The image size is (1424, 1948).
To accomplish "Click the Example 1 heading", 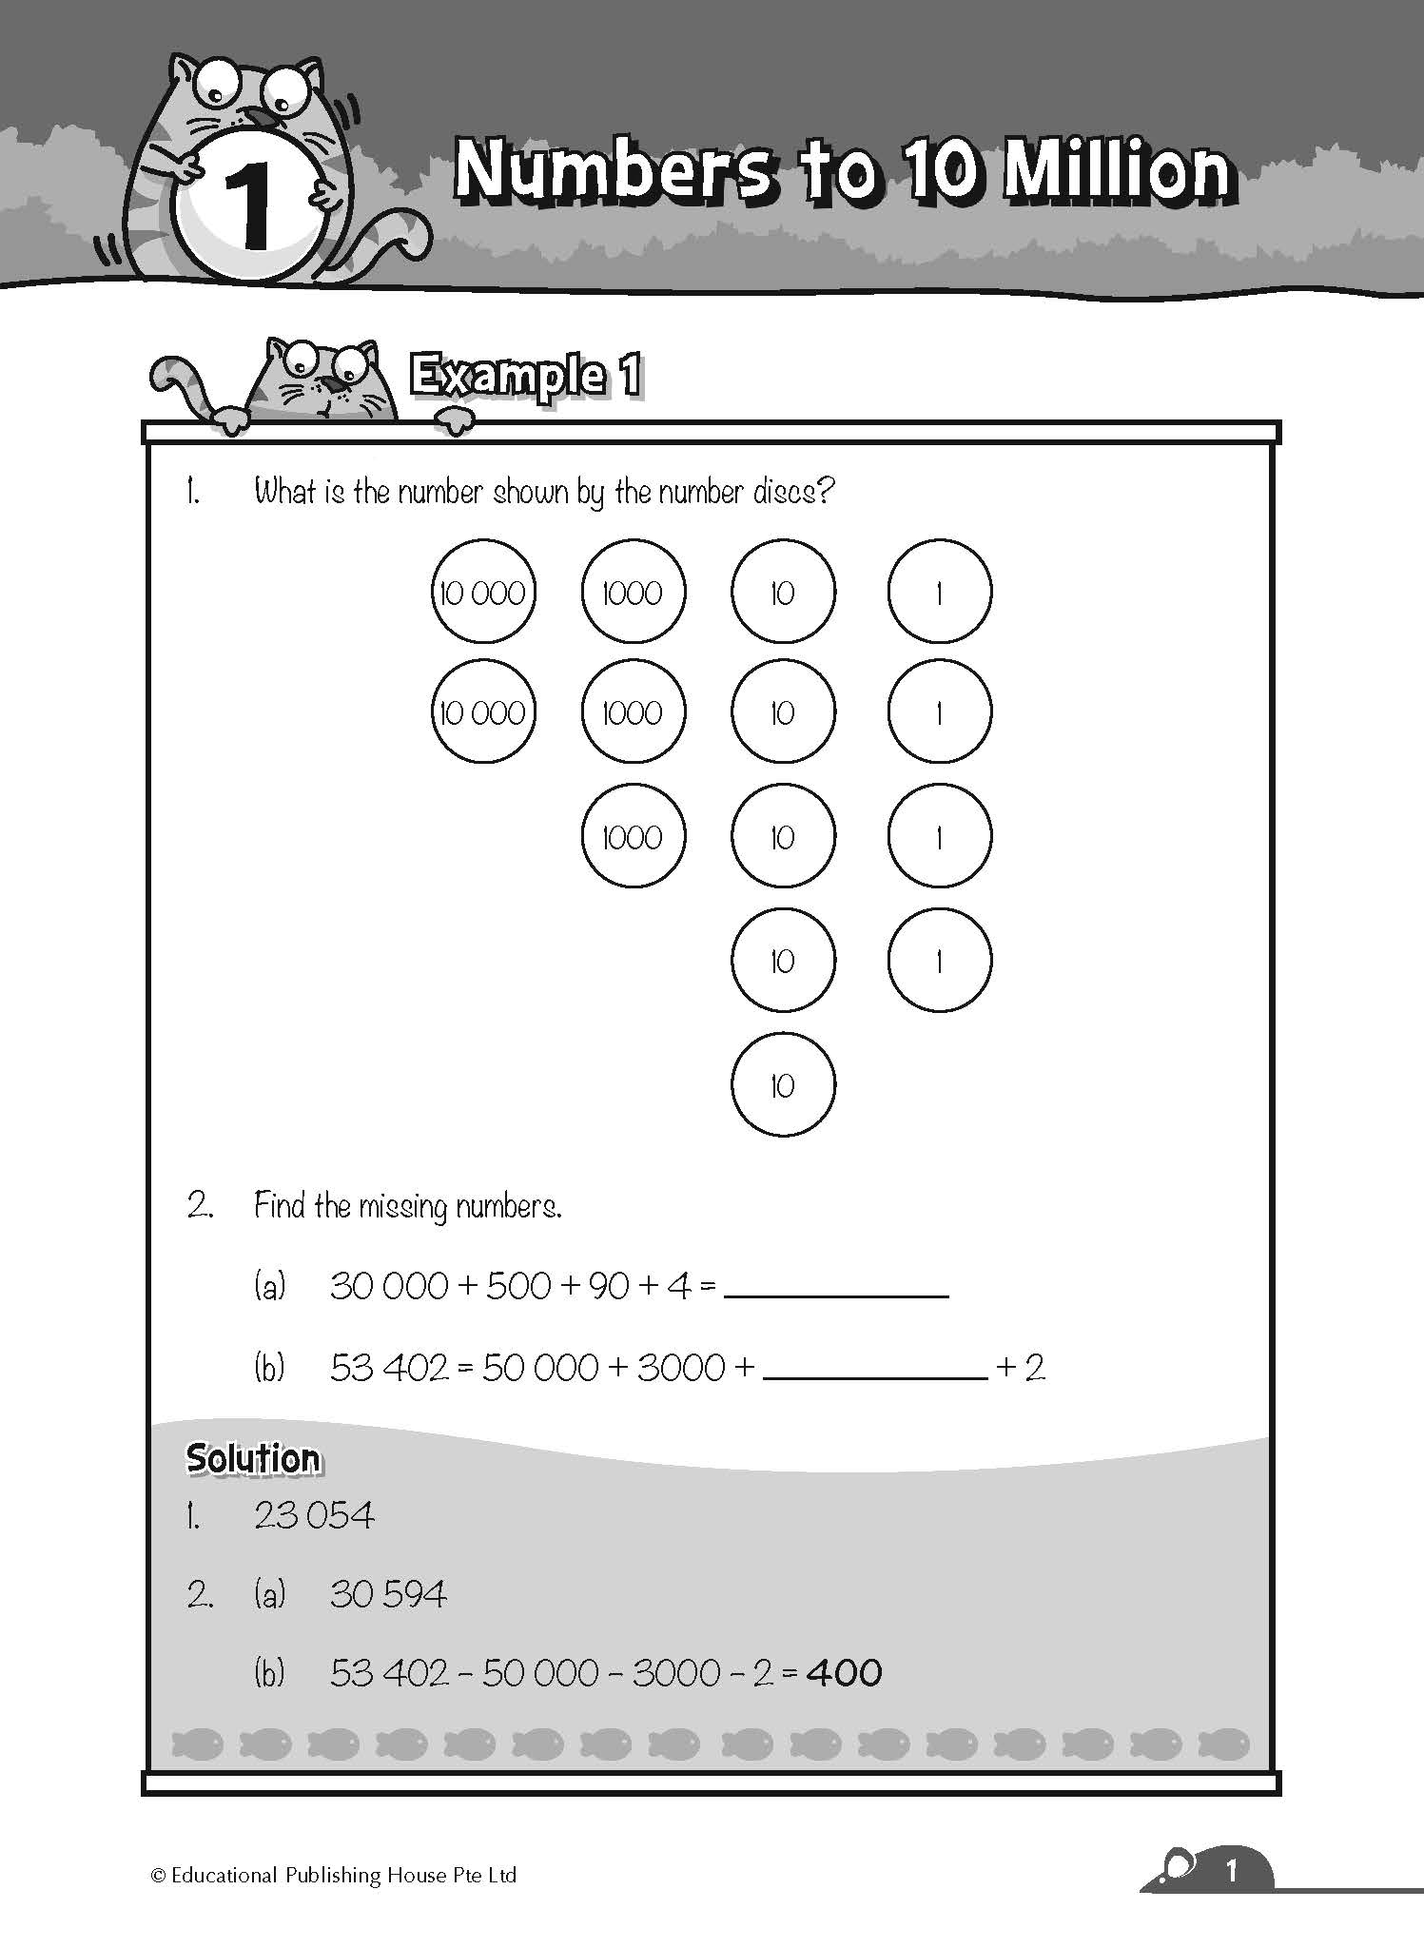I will pos(524,376).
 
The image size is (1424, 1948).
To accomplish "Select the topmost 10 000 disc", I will pos(483,592).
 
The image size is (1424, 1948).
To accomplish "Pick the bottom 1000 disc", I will pos(633,836).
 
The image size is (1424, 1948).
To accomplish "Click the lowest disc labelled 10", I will pos(783,1084).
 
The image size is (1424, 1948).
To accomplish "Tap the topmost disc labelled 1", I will pos(939,592).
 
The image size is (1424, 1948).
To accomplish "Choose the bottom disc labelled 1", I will pos(939,961).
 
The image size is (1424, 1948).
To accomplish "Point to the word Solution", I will pos(253,1458).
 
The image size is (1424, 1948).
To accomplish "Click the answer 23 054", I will pos(315,1515).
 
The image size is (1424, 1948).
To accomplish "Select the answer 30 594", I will pos(388,1593).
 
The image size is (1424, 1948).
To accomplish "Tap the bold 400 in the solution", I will pos(844,1672).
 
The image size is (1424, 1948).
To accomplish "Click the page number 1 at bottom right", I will pos(1232,1871).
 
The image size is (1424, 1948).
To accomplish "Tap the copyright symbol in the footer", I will pos(159,1876).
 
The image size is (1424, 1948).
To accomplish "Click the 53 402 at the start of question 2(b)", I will pos(388,1368).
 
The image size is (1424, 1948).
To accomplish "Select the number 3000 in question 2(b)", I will pos(681,1368).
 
